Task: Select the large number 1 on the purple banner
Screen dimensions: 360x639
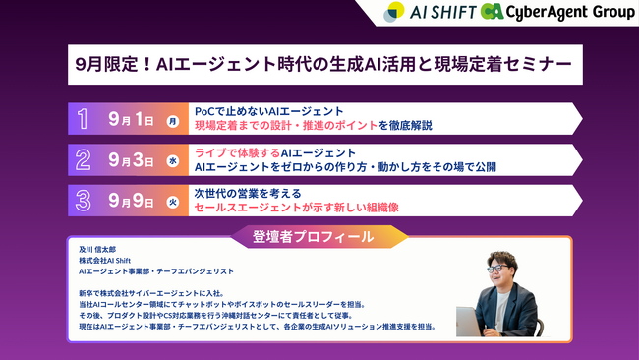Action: pyautogui.click(x=85, y=120)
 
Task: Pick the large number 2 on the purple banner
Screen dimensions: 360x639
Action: pyautogui.click(x=85, y=159)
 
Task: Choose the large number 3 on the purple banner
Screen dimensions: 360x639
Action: pyautogui.click(x=85, y=200)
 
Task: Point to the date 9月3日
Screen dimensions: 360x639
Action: pyautogui.click(x=131, y=160)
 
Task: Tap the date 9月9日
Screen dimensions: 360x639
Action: pyautogui.click(x=131, y=201)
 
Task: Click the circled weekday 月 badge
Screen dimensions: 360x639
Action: pyautogui.click(x=173, y=121)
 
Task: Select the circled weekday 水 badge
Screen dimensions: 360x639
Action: pyautogui.click(x=173, y=160)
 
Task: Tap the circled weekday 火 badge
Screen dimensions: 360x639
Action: pyautogui.click(x=173, y=201)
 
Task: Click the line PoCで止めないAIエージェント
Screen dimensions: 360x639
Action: pyautogui.click(x=268, y=110)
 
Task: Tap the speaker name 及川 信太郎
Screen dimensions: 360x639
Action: pyautogui.click(x=98, y=250)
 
